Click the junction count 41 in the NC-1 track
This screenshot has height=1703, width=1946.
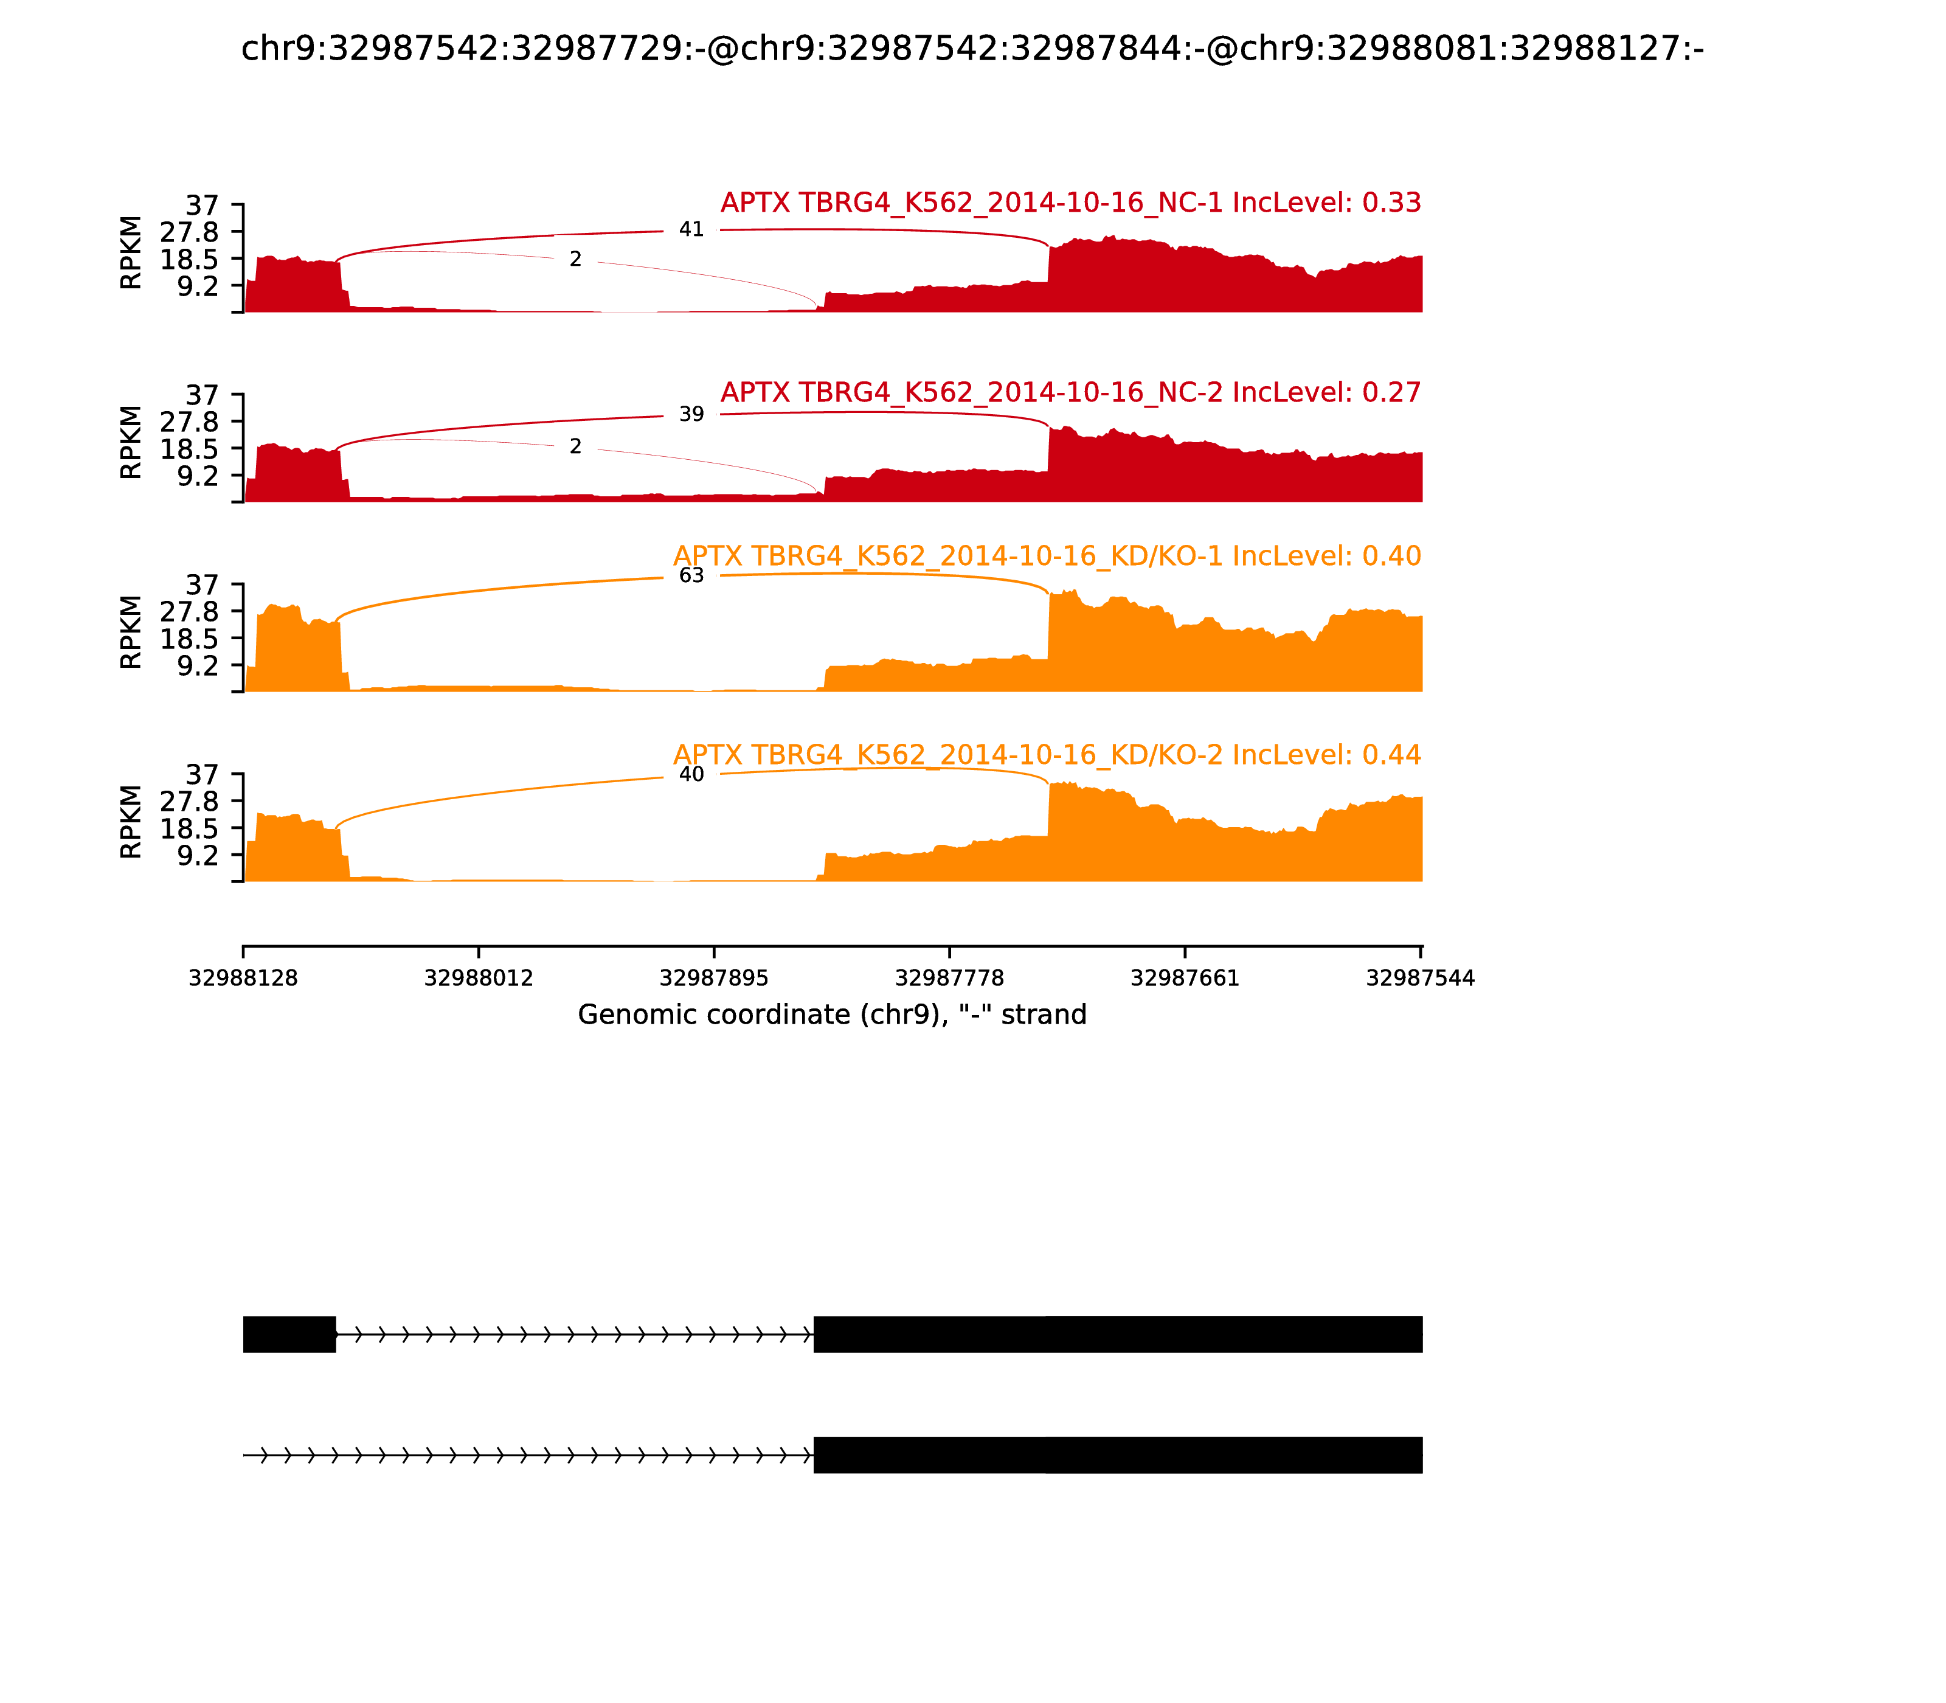[691, 230]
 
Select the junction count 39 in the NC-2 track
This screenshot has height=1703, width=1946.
[691, 414]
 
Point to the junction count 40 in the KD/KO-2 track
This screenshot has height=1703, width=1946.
[691, 774]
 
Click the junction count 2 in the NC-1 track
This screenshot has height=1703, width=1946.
[575, 260]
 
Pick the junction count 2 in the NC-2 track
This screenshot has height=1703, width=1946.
[575, 446]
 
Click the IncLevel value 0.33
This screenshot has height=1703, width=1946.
[1391, 203]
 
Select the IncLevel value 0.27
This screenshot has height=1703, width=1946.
[1391, 392]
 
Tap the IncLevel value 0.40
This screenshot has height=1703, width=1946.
[1391, 556]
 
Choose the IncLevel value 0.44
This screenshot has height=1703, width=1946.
[1391, 755]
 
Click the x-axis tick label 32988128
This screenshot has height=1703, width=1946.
[243, 978]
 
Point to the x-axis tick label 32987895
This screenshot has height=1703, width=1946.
[713, 978]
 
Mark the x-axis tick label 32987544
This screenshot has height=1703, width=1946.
[1419, 978]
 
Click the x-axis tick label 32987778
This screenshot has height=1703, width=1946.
[949, 978]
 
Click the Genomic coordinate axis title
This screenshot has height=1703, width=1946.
[831, 1015]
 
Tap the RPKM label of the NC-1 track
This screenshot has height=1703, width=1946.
[131, 253]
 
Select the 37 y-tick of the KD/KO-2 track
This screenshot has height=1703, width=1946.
[201, 774]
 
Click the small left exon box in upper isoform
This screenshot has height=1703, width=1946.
[289, 1334]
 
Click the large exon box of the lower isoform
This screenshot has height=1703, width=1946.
[1118, 1455]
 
